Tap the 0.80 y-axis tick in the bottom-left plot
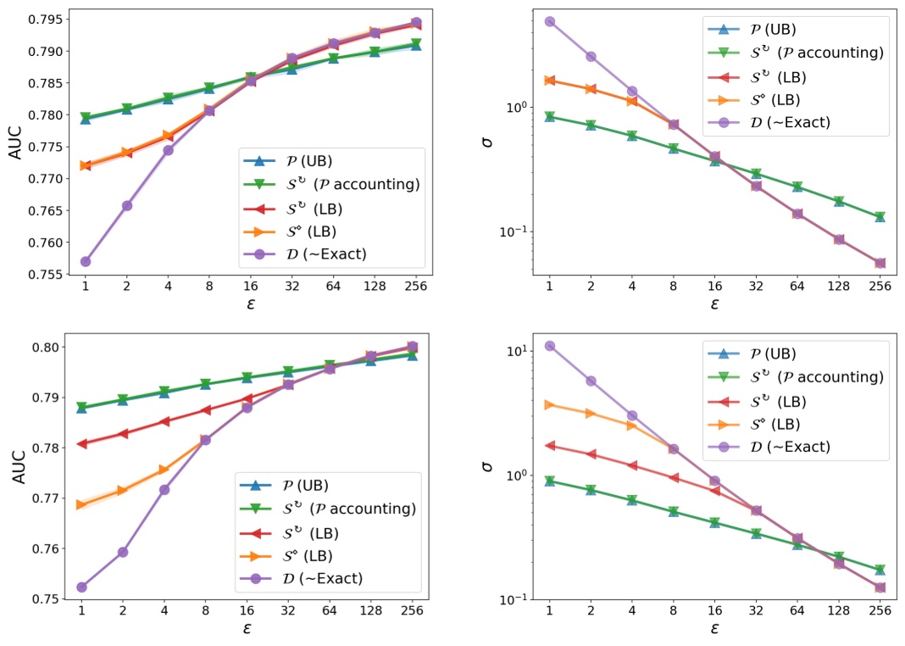click(x=43, y=347)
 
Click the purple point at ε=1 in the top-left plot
click(x=86, y=261)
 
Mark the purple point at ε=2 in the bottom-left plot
click(x=123, y=552)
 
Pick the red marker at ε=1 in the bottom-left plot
click(x=82, y=443)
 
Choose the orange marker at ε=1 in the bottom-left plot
click(x=82, y=504)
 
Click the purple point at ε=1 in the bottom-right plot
click(x=549, y=346)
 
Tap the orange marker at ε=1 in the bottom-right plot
click(x=549, y=404)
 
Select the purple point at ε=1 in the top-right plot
click(x=549, y=21)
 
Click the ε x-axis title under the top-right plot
click(x=714, y=303)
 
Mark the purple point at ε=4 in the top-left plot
click(x=168, y=150)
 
